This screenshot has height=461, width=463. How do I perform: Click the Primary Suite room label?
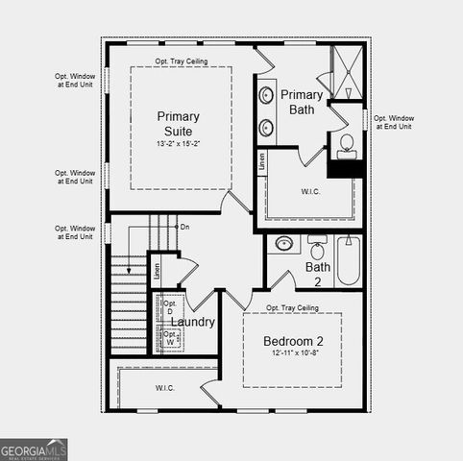click(x=179, y=123)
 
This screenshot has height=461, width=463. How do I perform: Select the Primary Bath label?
click(x=302, y=102)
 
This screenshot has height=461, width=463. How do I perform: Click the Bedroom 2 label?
click(x=294, y=341)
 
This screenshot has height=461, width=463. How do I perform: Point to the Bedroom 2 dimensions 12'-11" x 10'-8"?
click(x=294, y=354)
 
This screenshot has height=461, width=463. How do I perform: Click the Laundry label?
click(x=194, y=323)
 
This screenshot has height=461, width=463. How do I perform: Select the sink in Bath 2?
click(x=284, y=244)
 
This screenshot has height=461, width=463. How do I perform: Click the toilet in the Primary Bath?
click(x=347, y=145)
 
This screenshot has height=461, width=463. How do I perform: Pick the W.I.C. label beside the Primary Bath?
click(x=311, y=190)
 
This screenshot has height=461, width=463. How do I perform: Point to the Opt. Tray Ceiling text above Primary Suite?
click(x=182, y=61)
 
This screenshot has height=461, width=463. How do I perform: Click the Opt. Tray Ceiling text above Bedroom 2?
click(x=293, y=307)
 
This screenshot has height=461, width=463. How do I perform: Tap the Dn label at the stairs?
click(x=184, y=227)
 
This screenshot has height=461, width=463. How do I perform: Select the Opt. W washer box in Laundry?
click(x=170, y=339)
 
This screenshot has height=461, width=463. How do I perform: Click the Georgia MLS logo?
click(x=34, y=449)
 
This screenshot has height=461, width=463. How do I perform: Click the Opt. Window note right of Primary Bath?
click(x=393, y=121)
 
